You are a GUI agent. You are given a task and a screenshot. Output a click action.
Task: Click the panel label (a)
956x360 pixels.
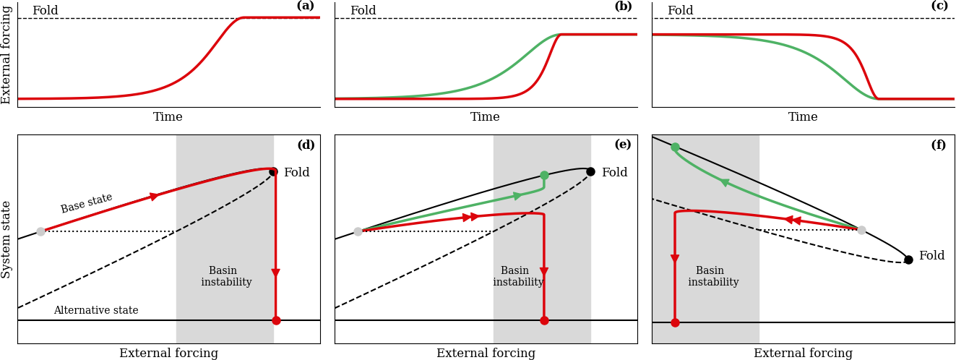click(306, 7)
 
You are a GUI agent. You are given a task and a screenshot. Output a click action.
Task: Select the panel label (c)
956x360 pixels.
click(939, 7)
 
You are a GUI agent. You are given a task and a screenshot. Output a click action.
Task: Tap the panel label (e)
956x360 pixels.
click(623, 145)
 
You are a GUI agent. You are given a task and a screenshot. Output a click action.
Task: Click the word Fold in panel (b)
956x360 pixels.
click(363, 11)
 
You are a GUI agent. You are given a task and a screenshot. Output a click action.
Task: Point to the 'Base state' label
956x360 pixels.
click(87, 203)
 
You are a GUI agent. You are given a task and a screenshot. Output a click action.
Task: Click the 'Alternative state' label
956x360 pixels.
click(96, 311)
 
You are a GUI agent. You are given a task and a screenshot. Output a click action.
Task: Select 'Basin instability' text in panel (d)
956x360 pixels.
click(226, 277)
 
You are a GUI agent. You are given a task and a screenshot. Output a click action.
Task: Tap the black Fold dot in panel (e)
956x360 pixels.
click(590, 171)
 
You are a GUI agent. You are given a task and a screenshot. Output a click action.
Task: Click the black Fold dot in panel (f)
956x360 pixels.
click(908, 260)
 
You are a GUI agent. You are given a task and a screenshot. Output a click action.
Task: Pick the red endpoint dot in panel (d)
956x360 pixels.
click(276, 320)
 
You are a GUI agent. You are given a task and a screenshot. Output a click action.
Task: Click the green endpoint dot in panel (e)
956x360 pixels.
click(544, 175)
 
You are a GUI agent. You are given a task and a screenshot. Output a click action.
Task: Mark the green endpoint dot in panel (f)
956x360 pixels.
click(675, 147)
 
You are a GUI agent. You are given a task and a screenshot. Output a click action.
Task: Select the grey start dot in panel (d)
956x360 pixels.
click(40, 231)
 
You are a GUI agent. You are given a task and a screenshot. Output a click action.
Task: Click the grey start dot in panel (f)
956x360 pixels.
click(861, 230)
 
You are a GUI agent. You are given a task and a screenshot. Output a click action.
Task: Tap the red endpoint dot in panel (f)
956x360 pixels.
click(675, 322)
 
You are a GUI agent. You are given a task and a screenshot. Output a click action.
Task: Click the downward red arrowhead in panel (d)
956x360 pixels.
click(275, 273)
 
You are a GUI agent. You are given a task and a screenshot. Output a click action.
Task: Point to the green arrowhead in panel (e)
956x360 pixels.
click(517, 196)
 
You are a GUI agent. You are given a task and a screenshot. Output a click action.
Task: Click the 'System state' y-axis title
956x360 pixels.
click(7, 239)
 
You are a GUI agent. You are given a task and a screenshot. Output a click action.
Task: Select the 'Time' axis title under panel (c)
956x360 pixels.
click(803, 117)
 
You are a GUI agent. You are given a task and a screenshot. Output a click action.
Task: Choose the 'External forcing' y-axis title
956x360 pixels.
click(7, 54)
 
